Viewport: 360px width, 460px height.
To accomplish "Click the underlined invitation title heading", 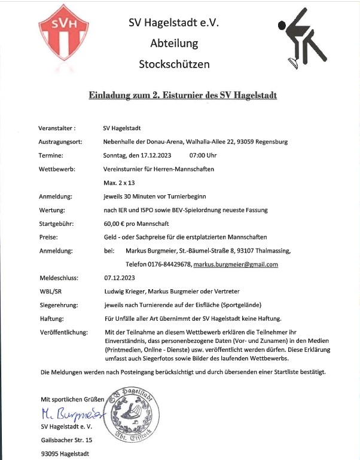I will tap(183, 95).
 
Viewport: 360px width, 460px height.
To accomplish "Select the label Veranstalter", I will tap(58, 128).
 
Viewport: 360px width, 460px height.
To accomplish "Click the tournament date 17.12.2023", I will tap(151, 155).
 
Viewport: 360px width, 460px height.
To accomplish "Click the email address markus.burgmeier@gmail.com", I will tap(236, 263).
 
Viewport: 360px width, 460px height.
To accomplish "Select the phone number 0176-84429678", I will tap(167, 263).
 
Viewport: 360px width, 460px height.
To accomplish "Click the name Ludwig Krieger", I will tap(124, 291).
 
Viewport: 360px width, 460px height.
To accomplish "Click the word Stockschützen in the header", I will tap(174, 63).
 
